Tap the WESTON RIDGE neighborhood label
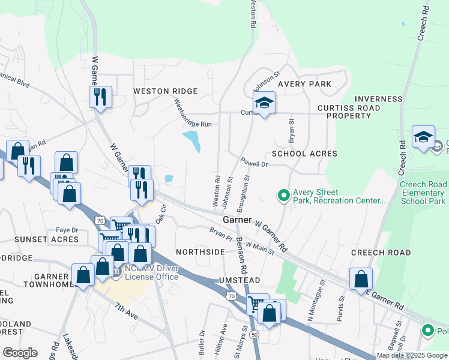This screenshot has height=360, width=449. [x=165, y=91]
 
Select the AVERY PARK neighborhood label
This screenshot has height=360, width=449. [x=304, y=84]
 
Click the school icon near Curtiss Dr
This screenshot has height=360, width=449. [x=264, y=103]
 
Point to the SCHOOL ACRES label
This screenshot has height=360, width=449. [x=304, y=154]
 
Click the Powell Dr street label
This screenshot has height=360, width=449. [x=254, y=163]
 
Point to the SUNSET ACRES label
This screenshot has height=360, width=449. [x=47, y=239]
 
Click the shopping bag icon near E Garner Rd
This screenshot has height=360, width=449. [x=361, y=279]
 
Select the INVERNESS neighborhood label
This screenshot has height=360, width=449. [x=379, y=99]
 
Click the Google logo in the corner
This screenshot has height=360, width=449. [x=20, y=353]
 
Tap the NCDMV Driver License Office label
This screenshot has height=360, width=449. [x=151, y=272]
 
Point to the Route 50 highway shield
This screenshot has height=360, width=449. [x=255, y=334]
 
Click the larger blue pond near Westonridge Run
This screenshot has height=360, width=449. [x=193, y=141]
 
